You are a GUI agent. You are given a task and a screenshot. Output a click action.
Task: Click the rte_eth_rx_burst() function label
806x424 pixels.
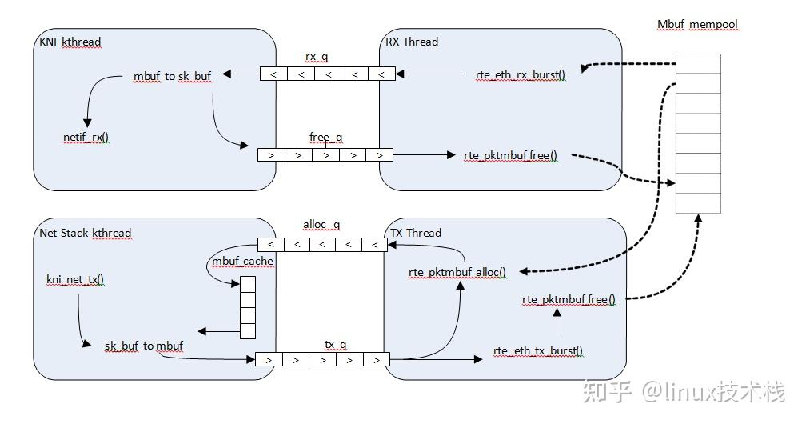(520, 75)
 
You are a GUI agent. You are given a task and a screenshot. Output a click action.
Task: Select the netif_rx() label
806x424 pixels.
(86, 138)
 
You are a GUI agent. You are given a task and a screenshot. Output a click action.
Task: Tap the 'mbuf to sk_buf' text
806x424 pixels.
(172, 76)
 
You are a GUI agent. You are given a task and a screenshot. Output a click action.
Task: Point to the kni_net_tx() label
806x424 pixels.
(75, 279)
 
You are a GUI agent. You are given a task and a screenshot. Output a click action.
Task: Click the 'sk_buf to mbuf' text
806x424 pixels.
(144, 346)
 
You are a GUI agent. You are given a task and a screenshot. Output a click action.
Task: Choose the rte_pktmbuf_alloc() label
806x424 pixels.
(457, 272)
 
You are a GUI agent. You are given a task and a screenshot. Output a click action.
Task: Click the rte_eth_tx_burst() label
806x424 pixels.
(537, 350)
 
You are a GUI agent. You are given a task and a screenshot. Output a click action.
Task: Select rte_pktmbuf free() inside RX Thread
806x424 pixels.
(510, 155)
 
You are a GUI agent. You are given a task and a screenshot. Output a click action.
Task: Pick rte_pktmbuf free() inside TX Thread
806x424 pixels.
(569, 299)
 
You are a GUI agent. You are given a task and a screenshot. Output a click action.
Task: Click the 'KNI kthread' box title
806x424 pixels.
(70, 42)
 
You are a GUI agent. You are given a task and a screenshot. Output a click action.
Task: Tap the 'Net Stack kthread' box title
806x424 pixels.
(85, 233)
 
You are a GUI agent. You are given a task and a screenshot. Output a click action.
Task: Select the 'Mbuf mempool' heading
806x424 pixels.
(696, 25)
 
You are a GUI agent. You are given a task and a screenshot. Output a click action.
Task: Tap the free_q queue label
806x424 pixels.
(325, 138)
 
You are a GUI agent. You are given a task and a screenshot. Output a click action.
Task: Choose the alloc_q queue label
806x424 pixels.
(321, 225)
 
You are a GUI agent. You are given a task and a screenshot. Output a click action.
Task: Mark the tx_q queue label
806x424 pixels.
(335, 344)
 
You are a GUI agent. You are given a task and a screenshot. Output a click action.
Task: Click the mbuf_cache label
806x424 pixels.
(242, 262)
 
